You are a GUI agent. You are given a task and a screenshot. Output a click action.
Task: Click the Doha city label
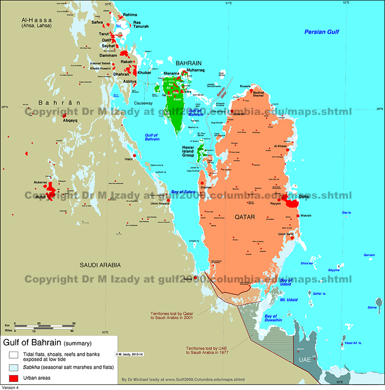click(304, 197)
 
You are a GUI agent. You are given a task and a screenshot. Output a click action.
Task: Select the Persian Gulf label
click(321, 32)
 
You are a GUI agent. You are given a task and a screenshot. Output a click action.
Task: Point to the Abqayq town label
click(70, 121)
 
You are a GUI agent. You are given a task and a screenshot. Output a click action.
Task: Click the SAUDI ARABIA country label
click(101, 265)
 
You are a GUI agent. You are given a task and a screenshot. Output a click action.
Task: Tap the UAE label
click(304, 360)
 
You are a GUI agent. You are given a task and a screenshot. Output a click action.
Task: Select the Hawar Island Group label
click(188, 151)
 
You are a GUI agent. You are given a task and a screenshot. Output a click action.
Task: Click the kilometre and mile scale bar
click(43, 327)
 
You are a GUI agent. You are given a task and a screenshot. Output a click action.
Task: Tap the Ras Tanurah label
click(141, 24)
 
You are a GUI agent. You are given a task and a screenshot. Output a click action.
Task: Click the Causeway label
click(143, 103)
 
